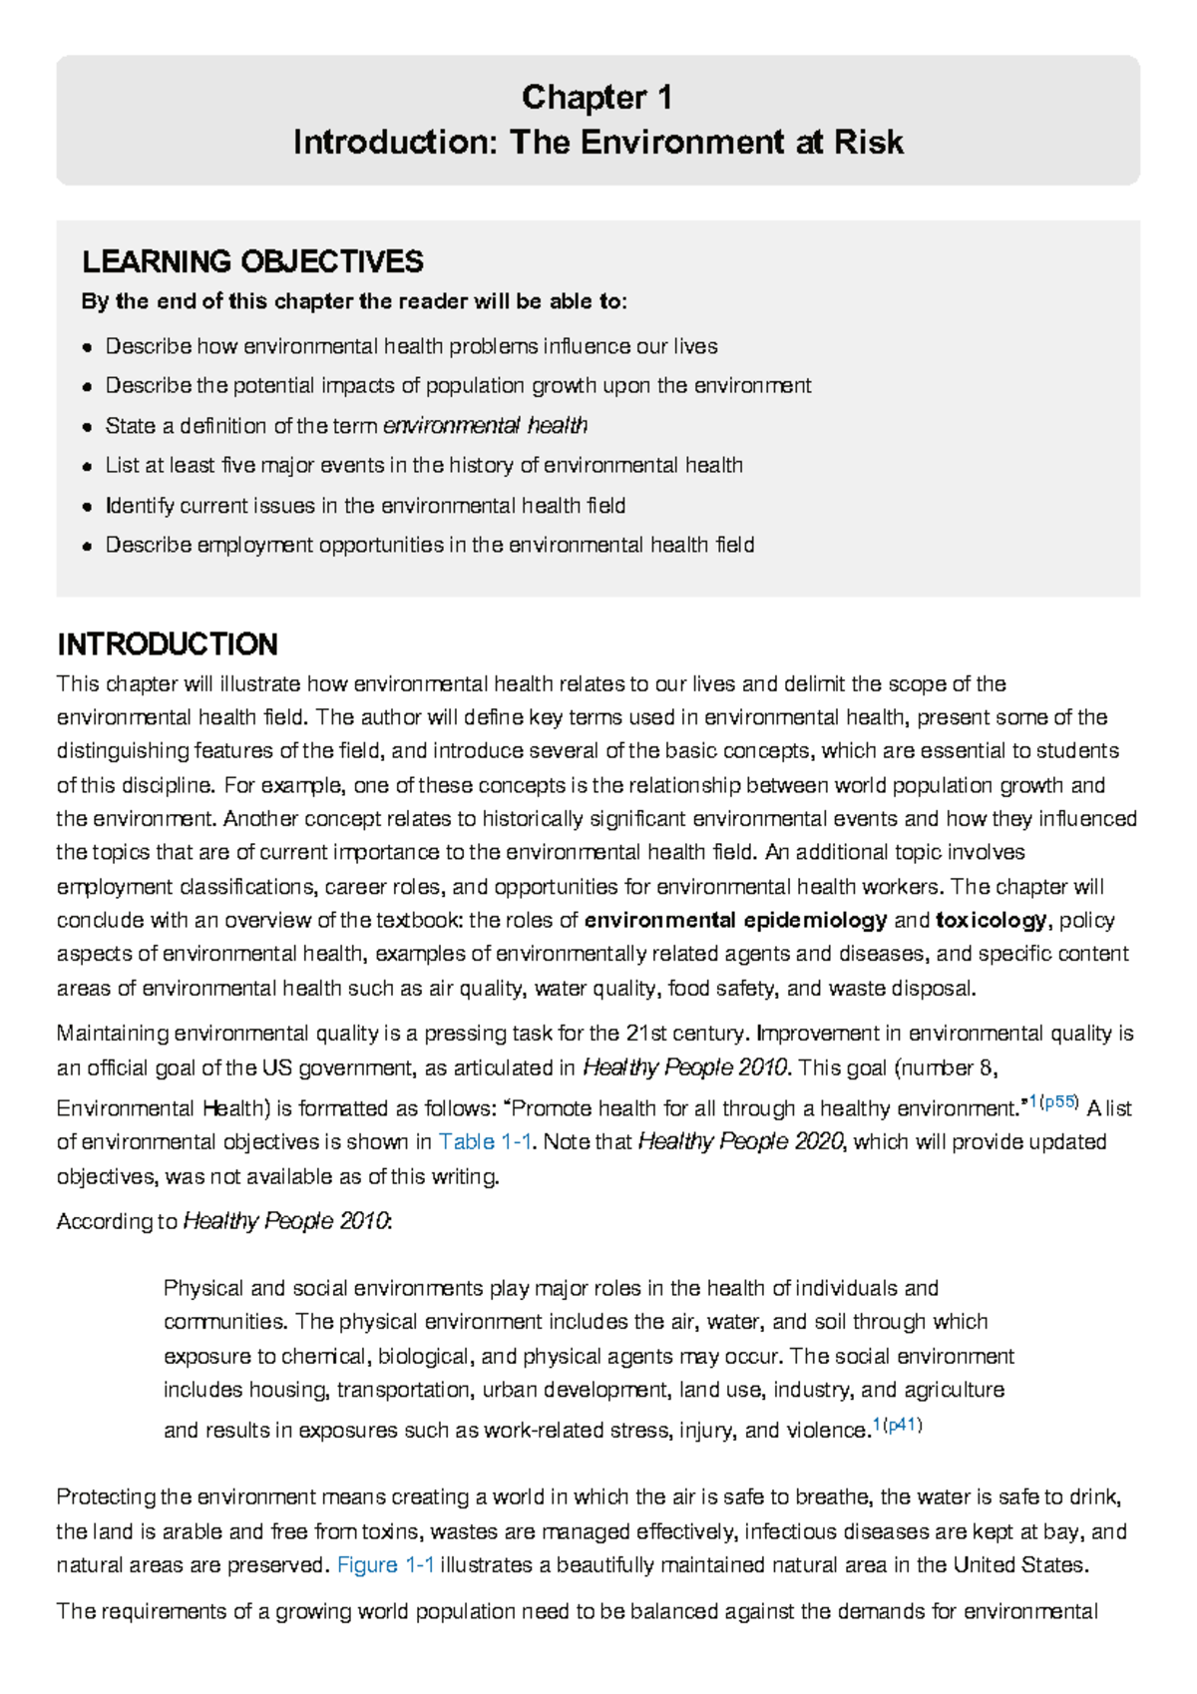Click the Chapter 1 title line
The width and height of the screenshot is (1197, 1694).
[x=597, y=98]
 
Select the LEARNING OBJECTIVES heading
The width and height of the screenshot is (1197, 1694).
[x=252, y=262]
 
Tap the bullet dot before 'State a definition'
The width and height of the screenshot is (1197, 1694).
[x=88, y=427]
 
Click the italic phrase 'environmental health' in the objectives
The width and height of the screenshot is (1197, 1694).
[x=485, y=426]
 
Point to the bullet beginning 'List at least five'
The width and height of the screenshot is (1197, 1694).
[x=424, y=466]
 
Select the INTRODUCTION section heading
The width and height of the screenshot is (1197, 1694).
[x=167, y=644]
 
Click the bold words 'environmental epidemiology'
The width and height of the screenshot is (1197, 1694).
[x=735, y=920]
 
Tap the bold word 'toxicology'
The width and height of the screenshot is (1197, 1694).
[x=991, y=920]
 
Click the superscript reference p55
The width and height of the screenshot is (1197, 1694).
[x=1059, y=1102]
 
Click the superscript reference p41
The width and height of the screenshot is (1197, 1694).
[x=903, y=1426]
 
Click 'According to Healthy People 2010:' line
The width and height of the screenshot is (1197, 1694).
[x=224, y=1221]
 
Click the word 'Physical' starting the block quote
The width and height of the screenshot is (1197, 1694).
[x=203, y=1289]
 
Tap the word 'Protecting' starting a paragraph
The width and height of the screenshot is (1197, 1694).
[x=106, y=1497]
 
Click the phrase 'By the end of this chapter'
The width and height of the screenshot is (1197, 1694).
[x=218, y=302]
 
